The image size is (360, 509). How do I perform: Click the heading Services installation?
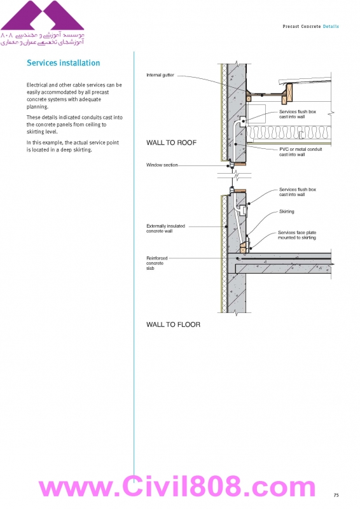click(64, 63)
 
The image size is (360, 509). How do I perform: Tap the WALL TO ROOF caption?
click(171, 143)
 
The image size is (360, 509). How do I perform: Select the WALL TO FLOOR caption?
click(174, 324)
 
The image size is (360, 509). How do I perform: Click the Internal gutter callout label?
click(160, 75)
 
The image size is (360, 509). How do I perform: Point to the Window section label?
click(162, 165)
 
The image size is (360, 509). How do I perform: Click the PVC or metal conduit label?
click(301, 152)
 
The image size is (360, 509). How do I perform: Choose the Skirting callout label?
click(287, 212)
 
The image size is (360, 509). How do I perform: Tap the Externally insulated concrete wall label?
click(165, 228)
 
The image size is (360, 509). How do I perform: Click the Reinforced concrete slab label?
click(157, 263)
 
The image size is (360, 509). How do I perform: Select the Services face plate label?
click(297, 235)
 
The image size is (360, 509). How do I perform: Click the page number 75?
click(336, 495)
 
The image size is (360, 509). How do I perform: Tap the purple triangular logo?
click(42, 15)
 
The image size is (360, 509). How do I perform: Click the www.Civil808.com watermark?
click(177, 487)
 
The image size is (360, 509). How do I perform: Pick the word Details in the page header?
click(331, 27)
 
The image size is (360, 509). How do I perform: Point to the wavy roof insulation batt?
click(289, 132)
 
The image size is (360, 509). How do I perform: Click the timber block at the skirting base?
click(243, 248)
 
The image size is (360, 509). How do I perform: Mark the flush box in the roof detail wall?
click(242, 122)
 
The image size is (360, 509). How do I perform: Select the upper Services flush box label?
click(297, 115)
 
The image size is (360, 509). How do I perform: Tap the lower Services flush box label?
click(297, 192)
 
